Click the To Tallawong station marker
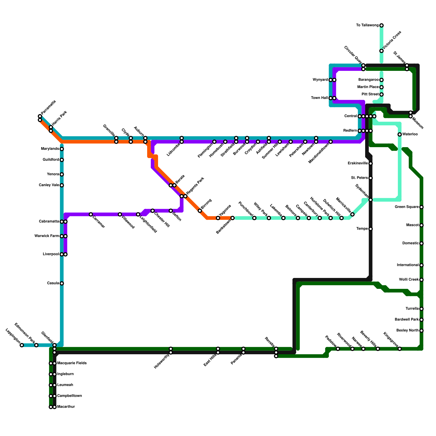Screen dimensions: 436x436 tap(381, 25)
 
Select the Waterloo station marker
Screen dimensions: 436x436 tap(399, 134)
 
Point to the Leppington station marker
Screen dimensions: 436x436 tap(22, 345)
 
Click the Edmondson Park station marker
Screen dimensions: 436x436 tap(36, 345)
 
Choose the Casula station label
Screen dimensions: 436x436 tap(53, 283)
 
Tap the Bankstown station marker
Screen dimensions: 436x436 tap(232, 218)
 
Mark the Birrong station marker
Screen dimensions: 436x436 tap(200, 211)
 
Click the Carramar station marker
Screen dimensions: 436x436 tap(91, 214)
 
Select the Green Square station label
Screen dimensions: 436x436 tap(407, 207)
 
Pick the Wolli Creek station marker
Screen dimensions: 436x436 tap(422, 280)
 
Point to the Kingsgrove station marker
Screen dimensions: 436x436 tap(399, 349)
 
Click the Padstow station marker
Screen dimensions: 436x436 tap(338, 349)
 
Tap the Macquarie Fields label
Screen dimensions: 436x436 tap(72, 363)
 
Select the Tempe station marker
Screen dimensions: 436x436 tap(371, 229)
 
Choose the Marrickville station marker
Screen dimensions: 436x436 tap(352, 214)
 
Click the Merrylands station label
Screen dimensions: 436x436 tap(50, 149)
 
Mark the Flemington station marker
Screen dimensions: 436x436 tap(214, 142)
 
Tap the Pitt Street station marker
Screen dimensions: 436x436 tap(381, 95)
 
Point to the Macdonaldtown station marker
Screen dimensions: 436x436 tap(331, 142)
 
